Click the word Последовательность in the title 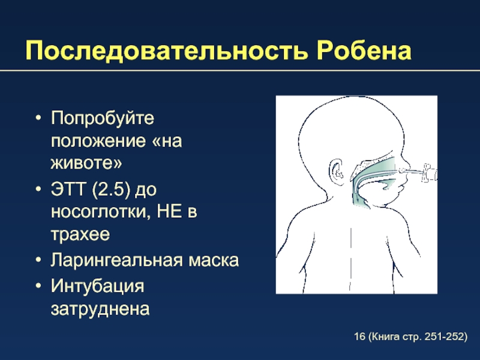pyautogui.click(x=166, y=51)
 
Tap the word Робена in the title pyautogui.click(x=364, y=50)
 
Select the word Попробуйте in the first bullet pyautogui.click(x=103, y=118)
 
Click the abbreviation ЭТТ pyautogui.click(x=68, y=189)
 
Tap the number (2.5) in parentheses pyautogui.click(x=111, y=190)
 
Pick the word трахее pyautogui.click(x=80, y=235)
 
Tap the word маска pyautogui.click(x=214, y=260)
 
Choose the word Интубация pyautogui.click(x=97, y=287)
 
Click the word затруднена pyautogui.click(x=100, y=309)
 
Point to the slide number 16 pyautogui.click(x=359, y=337)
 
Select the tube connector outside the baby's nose pyautogui.click(x=429, y=173)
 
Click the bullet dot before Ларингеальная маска pyautogui.click(x=38, y=260)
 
